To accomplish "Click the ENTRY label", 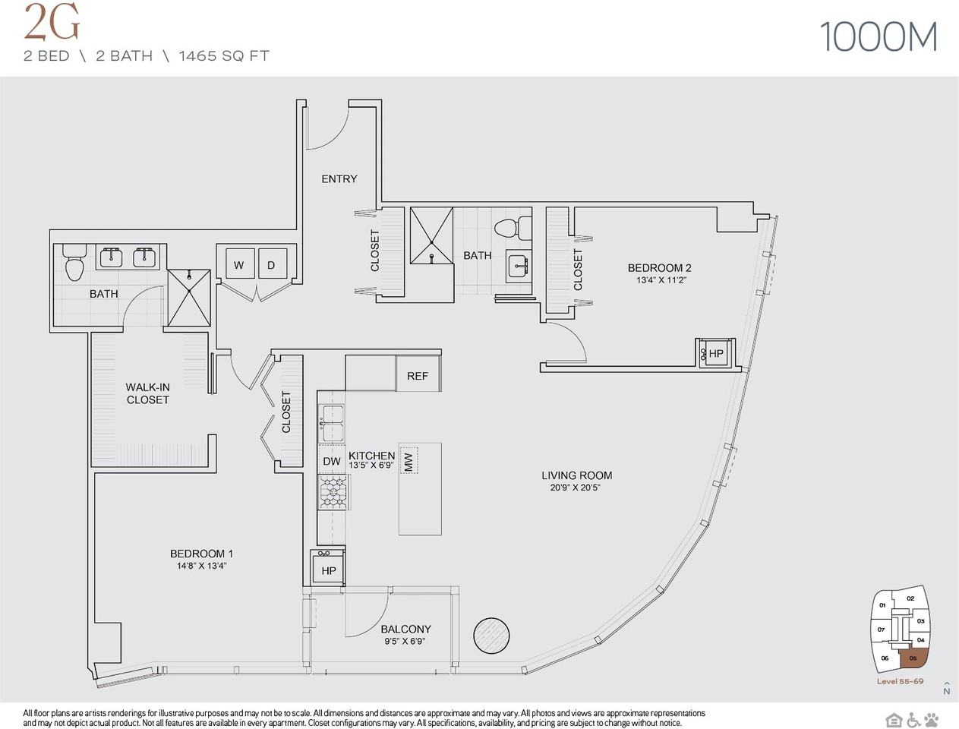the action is [339, 178].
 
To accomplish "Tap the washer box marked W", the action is [240, 264].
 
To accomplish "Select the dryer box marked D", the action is [273, 264].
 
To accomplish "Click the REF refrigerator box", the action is [418, 374].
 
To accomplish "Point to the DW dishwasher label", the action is [332, 461].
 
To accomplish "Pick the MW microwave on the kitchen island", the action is [409, 460].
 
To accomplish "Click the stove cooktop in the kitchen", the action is [333, 492].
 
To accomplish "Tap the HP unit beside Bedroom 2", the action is [715, 353].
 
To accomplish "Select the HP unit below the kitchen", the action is [329, 568].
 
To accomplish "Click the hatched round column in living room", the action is [491, 636].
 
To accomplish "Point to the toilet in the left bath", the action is [74, 263].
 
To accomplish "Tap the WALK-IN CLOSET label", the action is [147, 393].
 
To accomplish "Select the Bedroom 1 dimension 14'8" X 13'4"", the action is [201, 566].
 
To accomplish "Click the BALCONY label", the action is [406, 629].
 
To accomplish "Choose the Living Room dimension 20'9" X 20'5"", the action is [576, 488].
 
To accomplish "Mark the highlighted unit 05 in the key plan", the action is [912, 658].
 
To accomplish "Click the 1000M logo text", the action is [879, 37].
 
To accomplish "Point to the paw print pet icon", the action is [932, 719].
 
